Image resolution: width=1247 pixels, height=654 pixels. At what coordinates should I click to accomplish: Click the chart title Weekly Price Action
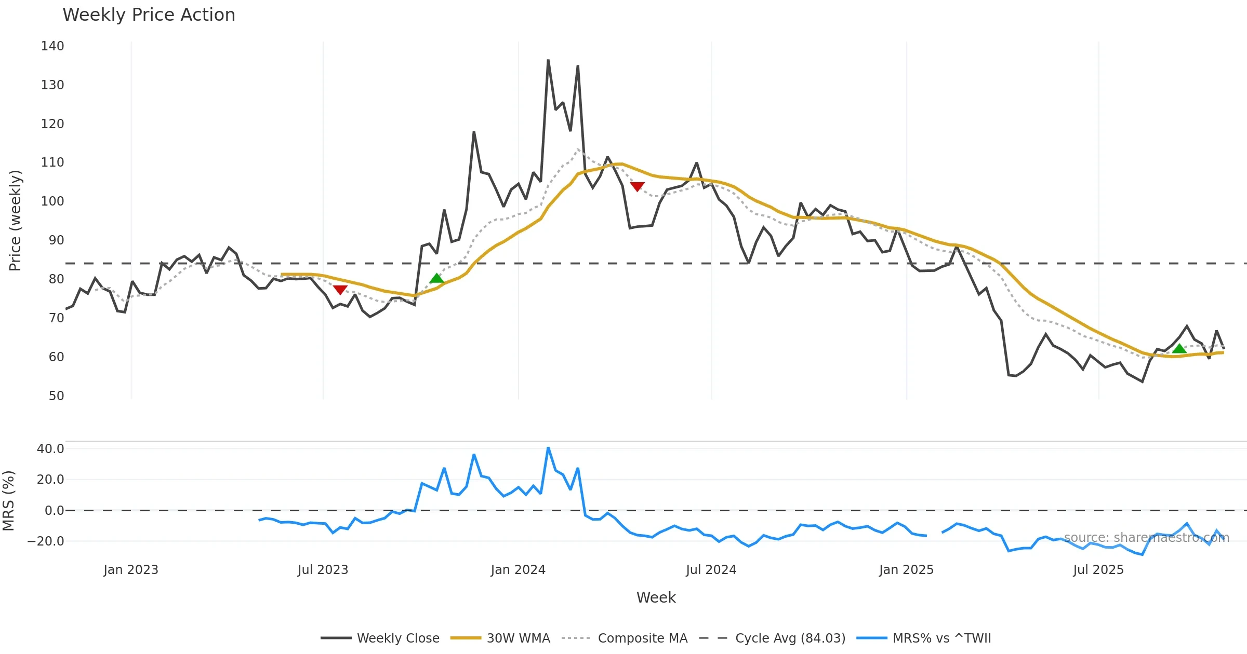(149, 15)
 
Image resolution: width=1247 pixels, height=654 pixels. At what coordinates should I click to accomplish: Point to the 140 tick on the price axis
(52, 46)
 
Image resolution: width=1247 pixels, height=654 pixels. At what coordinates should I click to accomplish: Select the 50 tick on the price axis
(56, 396)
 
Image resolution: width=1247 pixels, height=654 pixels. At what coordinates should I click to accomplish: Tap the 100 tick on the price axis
(52, 201)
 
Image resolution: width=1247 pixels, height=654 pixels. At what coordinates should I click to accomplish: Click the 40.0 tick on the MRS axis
(50, 449)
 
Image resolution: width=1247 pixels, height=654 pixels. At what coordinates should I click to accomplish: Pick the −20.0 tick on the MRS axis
(46, 541)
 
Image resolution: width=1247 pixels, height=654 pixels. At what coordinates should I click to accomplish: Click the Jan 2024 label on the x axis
(518, 570)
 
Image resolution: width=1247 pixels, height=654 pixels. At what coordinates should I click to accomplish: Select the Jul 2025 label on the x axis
(1098, 570)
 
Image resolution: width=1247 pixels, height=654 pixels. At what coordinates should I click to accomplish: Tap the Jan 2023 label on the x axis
(131, 570)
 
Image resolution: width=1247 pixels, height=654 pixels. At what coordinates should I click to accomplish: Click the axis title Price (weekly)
(15, 221)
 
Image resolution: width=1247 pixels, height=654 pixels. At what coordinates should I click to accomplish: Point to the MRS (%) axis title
(8, 501)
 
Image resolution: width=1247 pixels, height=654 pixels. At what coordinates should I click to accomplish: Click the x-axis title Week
(656, 598)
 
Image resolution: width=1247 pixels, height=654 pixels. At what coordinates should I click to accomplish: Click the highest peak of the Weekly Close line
(548, 61)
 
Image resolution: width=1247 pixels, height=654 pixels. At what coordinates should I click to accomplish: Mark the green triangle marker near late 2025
(1179, 349)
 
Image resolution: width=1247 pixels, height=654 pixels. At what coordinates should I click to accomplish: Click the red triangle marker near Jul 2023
(340, 290)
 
